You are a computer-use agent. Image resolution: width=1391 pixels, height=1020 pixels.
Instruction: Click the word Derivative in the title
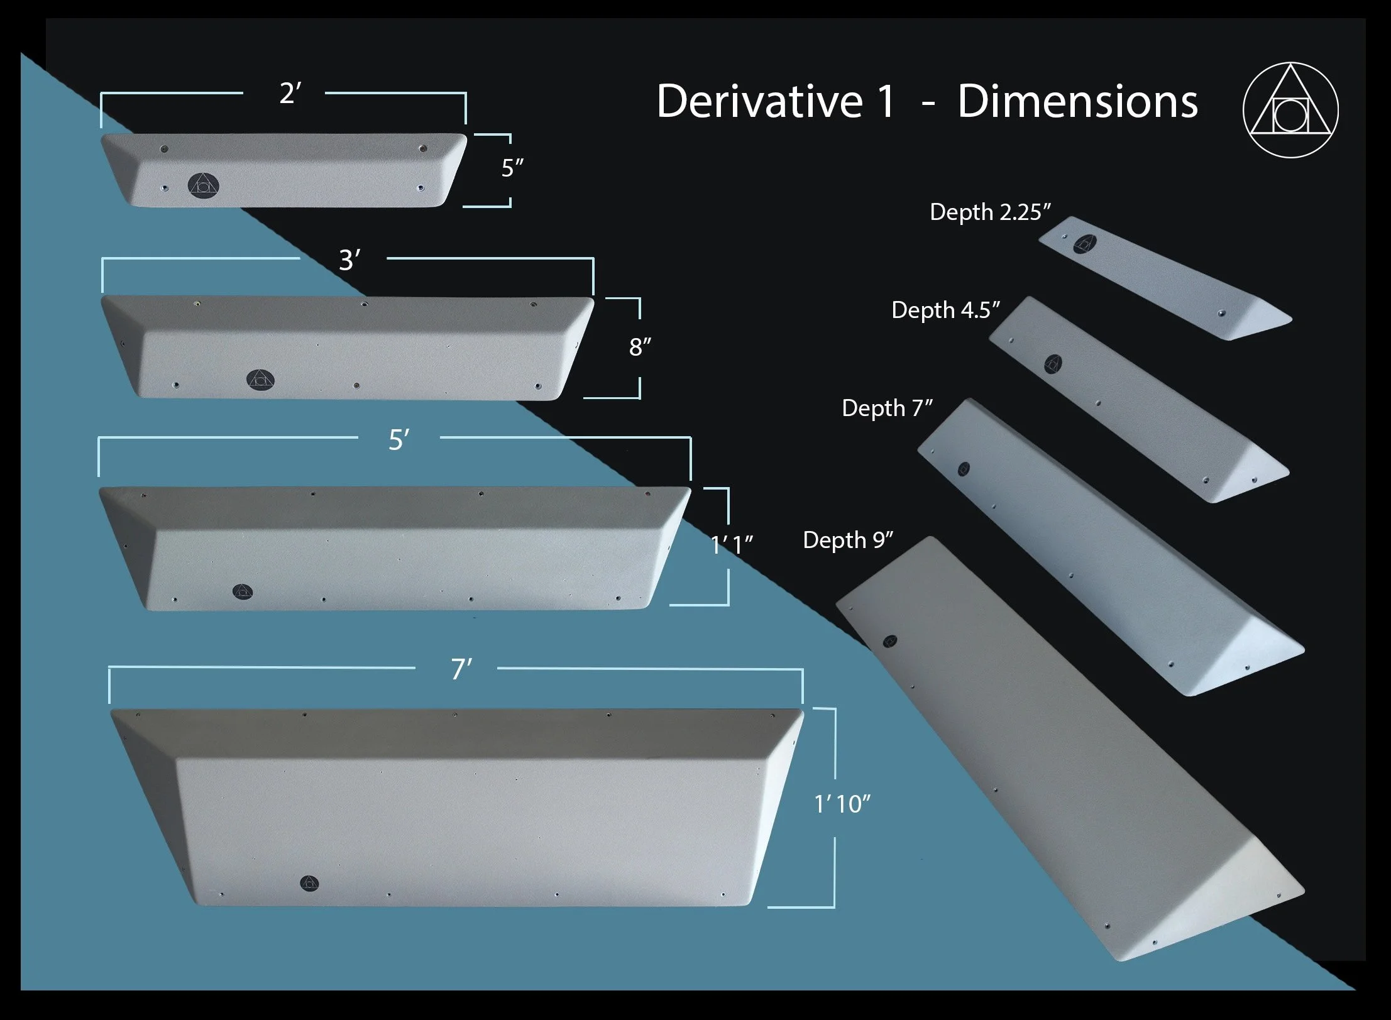click(759, 101)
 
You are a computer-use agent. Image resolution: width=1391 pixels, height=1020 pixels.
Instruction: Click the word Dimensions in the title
click(1078, 101)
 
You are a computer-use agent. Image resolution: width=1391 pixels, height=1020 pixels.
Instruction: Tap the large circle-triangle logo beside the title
click(1290, 109)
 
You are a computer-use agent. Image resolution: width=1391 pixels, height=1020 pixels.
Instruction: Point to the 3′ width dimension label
click(349, 260)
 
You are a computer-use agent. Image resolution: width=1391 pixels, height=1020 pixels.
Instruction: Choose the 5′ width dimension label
click(399, 440)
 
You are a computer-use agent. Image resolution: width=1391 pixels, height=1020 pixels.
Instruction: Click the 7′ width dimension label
click(461, 669)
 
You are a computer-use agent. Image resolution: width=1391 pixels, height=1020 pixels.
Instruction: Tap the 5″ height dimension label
click(512, 168)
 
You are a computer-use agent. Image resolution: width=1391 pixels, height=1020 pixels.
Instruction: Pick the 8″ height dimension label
click(640, 346)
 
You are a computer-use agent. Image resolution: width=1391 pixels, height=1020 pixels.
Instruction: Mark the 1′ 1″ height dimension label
click(732, 545)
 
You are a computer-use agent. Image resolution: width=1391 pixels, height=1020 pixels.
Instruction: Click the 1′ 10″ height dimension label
click(842, 804)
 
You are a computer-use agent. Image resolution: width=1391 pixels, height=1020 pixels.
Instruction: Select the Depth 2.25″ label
click(990, 212)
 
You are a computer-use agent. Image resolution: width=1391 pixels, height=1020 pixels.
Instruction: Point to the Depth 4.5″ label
click(945, 310)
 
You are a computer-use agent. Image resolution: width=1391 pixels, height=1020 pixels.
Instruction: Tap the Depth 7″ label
click(887, 408)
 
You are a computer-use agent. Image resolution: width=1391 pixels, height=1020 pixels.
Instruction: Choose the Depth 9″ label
click(848, 540)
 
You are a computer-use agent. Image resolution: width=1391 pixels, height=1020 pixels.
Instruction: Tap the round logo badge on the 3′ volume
click(260, 379)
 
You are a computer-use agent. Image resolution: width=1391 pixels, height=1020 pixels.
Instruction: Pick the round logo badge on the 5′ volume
click(243, 592)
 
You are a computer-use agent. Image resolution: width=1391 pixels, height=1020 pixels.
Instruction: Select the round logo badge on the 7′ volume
click(309, 883)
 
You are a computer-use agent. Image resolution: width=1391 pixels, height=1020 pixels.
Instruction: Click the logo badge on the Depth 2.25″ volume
click(1085, 244)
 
